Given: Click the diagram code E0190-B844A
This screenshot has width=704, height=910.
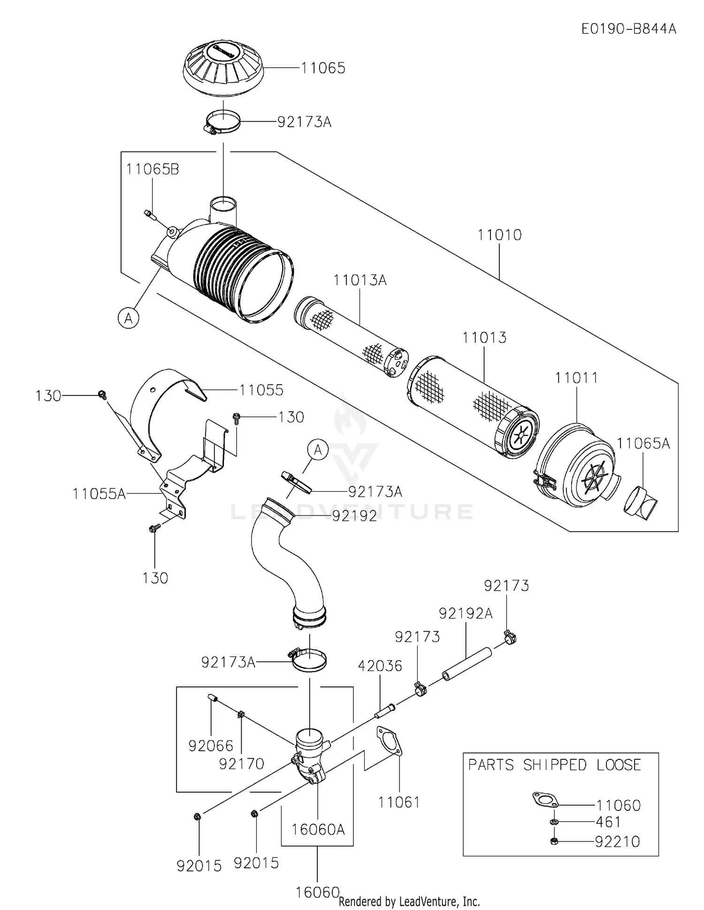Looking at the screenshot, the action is tap(629, 29).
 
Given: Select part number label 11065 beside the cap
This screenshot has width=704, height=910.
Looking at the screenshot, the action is tap(323, 68).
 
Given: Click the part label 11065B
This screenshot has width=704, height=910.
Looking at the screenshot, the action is tap(153, 170).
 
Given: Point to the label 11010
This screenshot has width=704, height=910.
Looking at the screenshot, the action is tap(499, 235).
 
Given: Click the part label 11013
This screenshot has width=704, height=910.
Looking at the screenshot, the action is tap(484, 338).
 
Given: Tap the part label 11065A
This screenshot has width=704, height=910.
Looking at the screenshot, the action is tap(643, 443).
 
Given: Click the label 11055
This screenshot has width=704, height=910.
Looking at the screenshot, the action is tap(261, 390).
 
